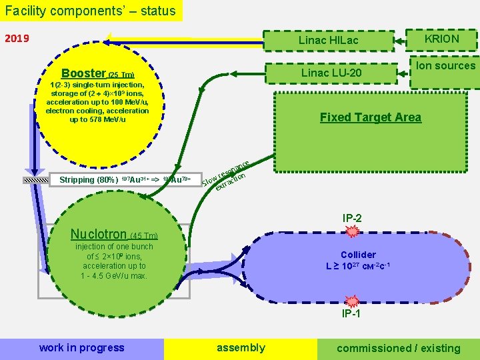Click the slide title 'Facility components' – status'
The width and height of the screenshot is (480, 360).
[x=91, y=11]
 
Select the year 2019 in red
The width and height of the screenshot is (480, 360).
[x=17, y=38]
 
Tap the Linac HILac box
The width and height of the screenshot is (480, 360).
[x=328, y=41]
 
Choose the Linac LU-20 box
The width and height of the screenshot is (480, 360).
[x=331, y=73]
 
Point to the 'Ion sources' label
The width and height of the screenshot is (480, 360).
[x=445, y=65]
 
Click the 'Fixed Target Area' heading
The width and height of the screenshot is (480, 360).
[x=370, y=117]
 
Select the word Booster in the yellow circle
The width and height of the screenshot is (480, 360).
[x=83, y=73]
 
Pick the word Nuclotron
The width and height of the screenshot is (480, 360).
[x=98, y=234]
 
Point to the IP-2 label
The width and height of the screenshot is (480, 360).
[x=352, y=218]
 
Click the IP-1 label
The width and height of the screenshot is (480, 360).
[x=351, y=314]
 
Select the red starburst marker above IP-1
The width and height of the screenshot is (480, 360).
[x=351, y=301]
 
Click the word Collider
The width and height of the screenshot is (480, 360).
[x=358, y=255]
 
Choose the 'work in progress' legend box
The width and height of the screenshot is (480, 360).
[x=81, y=348]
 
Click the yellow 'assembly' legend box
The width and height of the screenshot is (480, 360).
[x=241, y=348]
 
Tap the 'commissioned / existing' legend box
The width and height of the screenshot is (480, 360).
[x=399, y=348]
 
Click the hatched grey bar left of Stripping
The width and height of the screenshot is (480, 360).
[x=37, y=180]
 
